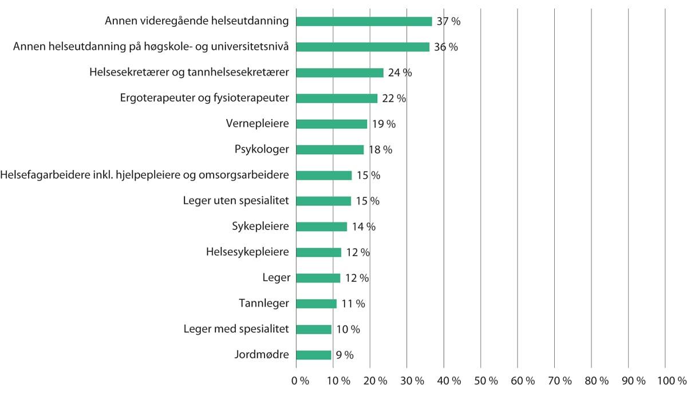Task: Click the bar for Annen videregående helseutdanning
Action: [x=364, y=21]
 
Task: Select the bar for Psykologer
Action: [x=330, y=150]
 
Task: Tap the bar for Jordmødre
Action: [x=314, y=355]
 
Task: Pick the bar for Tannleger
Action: [x=317, y=304]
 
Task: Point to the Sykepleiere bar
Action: [x=322, y=226]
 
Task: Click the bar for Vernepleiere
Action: [x=331, y=124]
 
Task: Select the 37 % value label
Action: [x=448, y=21]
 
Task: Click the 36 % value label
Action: [x=446, y=47]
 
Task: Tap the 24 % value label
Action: [x=400, y=73]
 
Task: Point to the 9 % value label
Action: [x=345, y=355]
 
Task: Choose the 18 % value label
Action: [x=380, y=150]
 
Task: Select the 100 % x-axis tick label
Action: [x=672, y=381]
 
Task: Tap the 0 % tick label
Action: [x=300, y=381]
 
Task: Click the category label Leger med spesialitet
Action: [x=236, y=329]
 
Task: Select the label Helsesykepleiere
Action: [x=247, y=252]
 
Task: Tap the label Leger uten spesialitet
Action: [x=236, y=201]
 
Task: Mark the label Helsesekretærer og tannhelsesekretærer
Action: [x=189, y=73]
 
